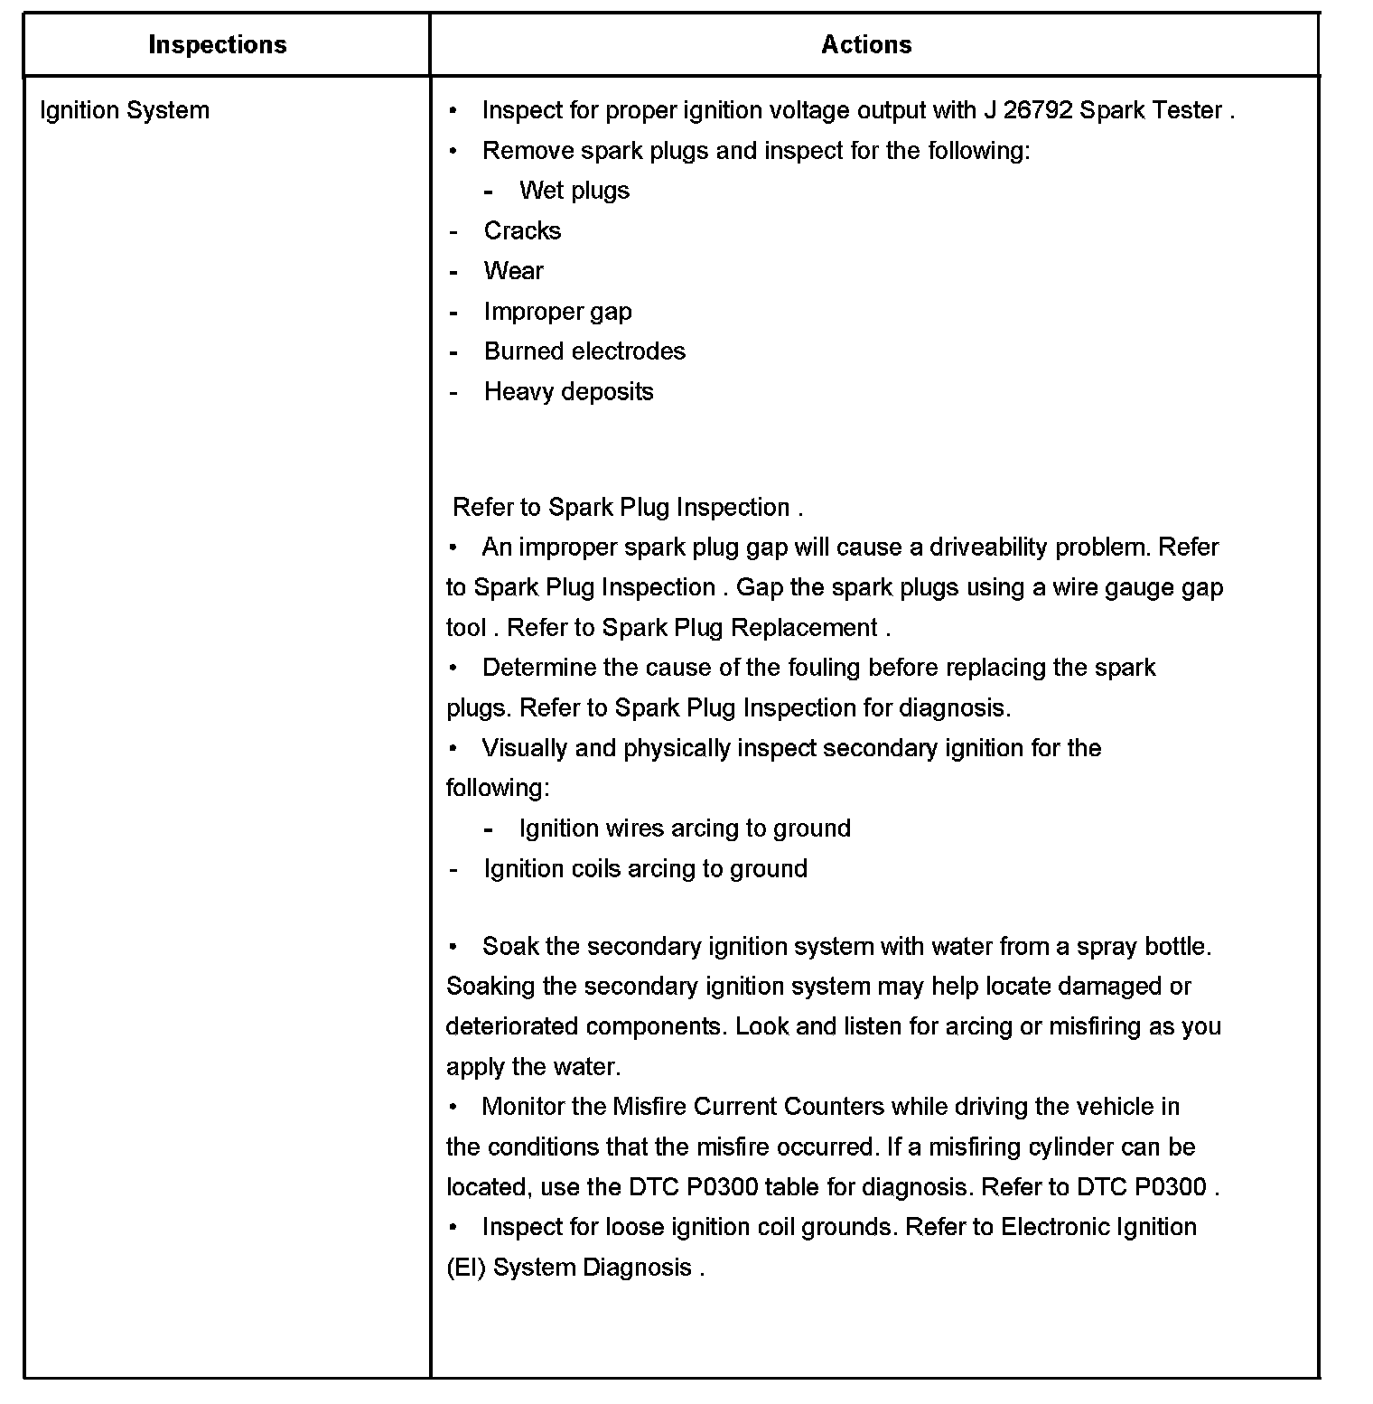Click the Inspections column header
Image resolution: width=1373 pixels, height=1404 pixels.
(x=217, y=45)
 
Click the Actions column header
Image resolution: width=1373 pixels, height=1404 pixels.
(x=866, y=45)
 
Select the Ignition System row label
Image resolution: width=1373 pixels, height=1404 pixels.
(x=125, y=110)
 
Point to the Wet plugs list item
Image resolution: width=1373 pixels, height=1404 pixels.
(x=574, y=191)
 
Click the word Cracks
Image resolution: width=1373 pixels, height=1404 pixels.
(x=522, y=231)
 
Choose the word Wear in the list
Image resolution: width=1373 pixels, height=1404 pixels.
(x=513, y=271)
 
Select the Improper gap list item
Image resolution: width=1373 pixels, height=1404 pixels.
(x=557, y=312)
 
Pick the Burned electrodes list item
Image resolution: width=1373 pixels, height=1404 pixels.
(x=584, y=351)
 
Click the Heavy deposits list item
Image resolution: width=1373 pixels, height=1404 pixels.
(x=568, y=392)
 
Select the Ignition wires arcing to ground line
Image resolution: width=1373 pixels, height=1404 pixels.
(x=685, y=828)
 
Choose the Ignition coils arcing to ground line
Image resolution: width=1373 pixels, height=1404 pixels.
(x=645, y=869)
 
